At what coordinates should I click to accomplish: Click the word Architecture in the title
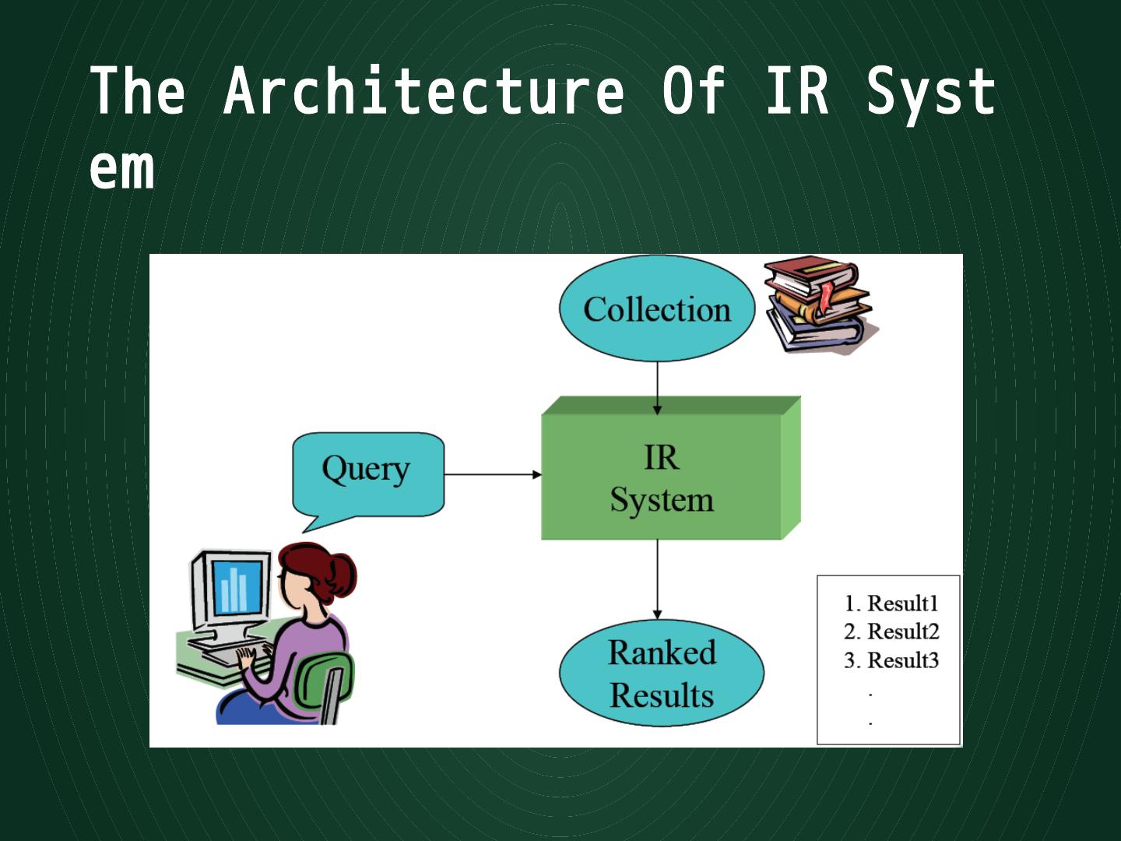(424, 91)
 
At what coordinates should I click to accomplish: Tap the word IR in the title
(797, 91)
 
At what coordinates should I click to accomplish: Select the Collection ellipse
(656, 309)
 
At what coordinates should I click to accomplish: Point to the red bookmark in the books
(825, 299)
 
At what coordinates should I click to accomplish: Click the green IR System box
(662, 477)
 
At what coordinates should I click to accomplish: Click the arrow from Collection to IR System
(658, 386)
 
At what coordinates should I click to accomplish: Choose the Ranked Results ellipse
(662, 674)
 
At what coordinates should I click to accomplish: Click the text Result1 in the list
(902, 603)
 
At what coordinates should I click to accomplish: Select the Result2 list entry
(903, 632)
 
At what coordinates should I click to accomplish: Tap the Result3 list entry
(903, 660)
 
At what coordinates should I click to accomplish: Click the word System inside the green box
(662, 500)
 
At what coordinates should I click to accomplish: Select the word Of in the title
(694, 91)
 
